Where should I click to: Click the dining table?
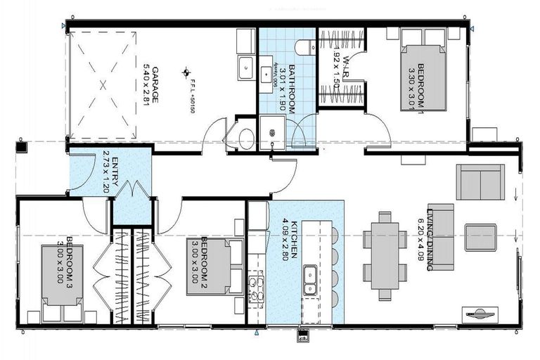pos(385,256)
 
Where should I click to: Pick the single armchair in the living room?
pos(480,238)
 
